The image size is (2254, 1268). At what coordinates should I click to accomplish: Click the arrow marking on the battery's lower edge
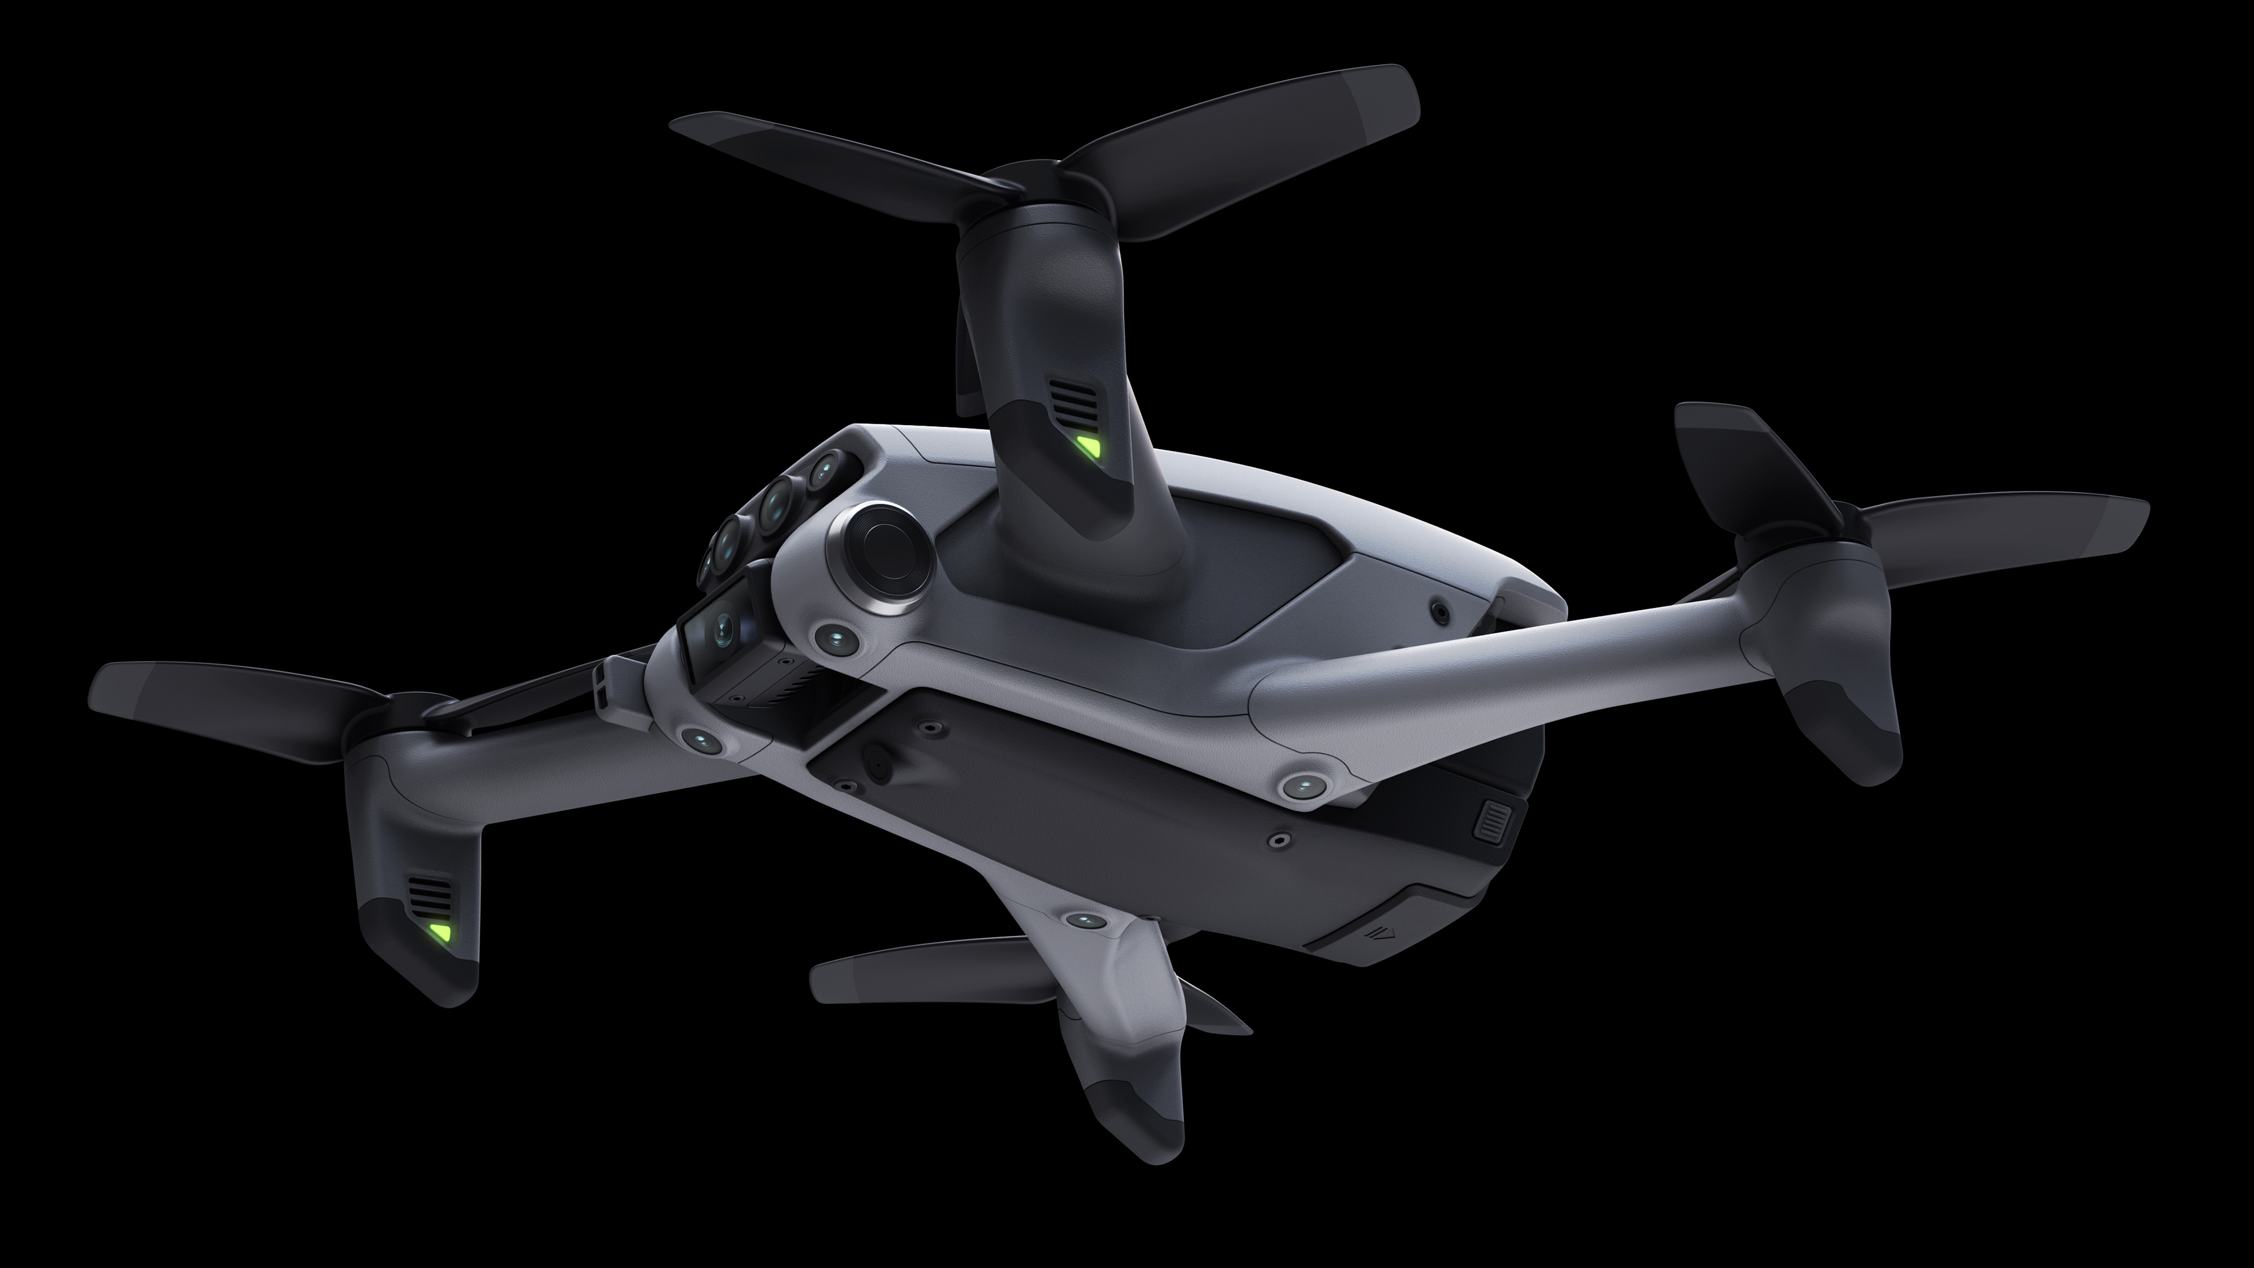coord(1382,931)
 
